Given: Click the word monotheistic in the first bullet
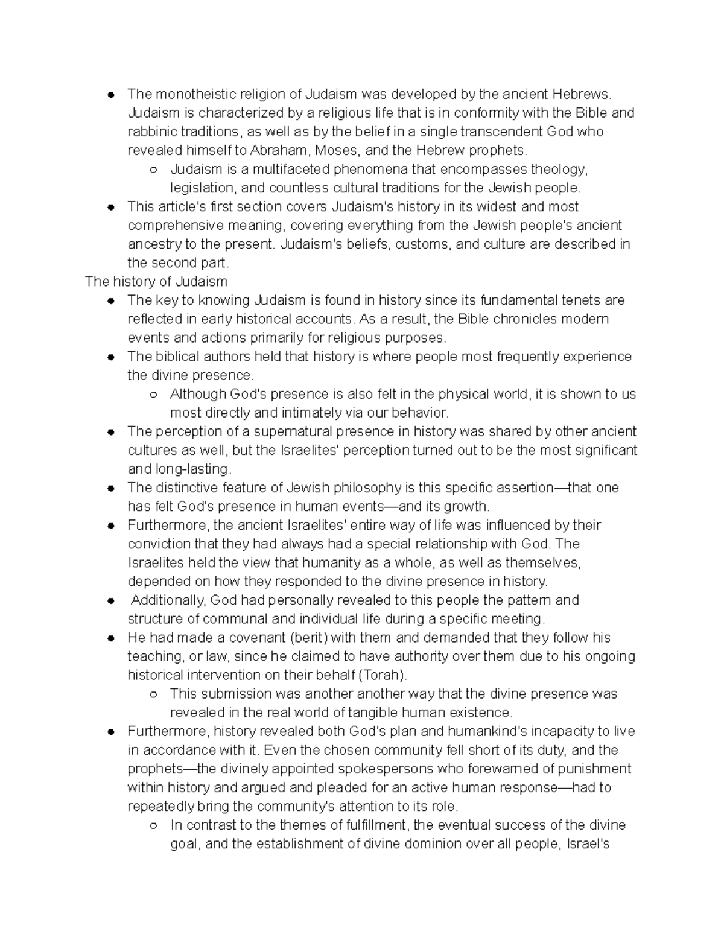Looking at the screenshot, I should (195, 94).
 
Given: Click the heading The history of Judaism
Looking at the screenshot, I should (156, 282).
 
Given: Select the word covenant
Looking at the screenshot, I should (259, 638).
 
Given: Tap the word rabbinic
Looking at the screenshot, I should (151, 132).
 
